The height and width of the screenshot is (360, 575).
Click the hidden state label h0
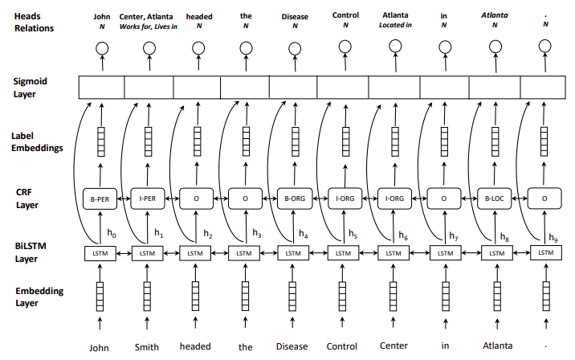click(x=111, y=234)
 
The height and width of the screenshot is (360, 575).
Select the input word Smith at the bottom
click(x=147, y=347)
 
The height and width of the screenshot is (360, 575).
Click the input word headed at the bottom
click(x=195, y=347)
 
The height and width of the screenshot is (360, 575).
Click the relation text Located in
click(x=395, y=26)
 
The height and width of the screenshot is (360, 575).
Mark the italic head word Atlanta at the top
click(x=494, y=14)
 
